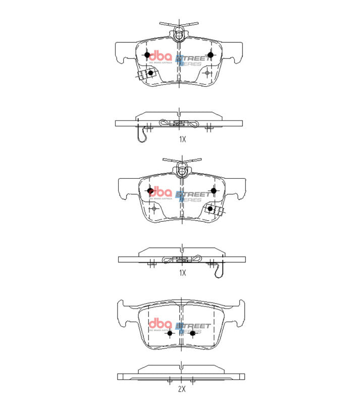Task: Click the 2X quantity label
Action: (x=182, y=389)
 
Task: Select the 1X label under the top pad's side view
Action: (x=182, y=138)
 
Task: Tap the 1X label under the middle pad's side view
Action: (x=182, y=273)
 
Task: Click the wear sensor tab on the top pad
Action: (x=145, y=75)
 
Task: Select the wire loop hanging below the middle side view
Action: (x=218, y=270)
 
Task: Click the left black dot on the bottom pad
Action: (x=170, y=333)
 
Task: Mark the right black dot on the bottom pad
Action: (x=192, y=333)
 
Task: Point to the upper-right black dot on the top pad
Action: (x=211, y=55)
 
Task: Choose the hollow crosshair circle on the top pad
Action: (x=208, y=73)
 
